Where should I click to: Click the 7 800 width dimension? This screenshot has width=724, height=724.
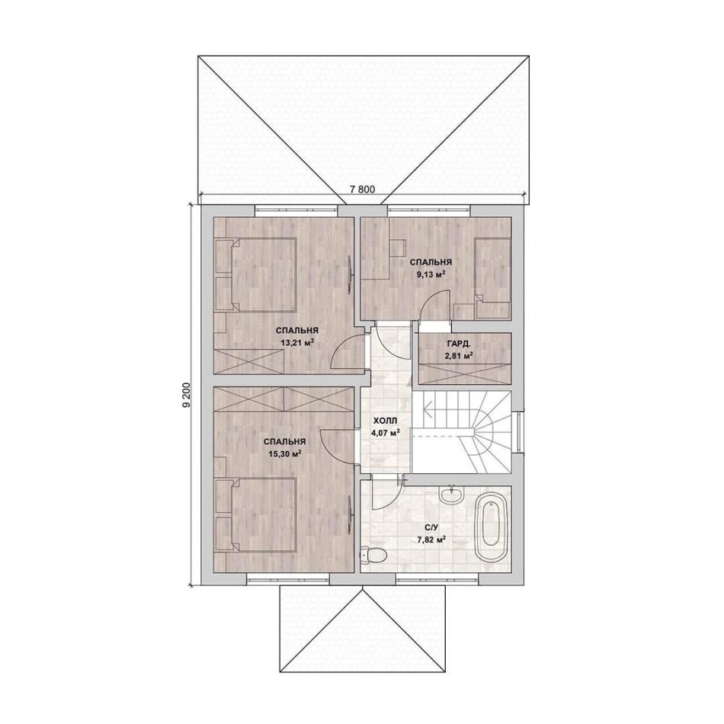click(363, 189)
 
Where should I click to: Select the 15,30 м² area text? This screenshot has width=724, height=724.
click(284, 453)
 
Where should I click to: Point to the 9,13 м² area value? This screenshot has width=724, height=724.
click(431, 274)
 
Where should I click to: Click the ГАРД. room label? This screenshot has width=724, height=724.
click(459, 344)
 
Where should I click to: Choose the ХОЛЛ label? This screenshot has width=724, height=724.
click(385, 421)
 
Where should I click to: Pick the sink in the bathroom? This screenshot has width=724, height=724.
click(451, 495)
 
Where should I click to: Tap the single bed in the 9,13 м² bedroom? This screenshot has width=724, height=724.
click(492, 278)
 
